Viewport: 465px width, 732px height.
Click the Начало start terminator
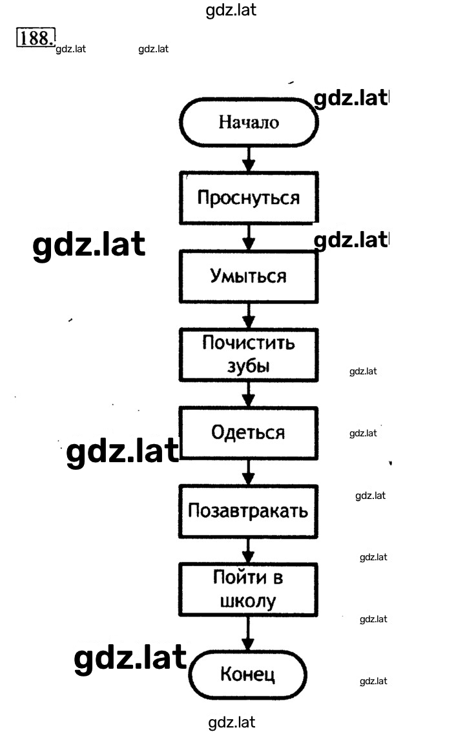tap(249, 122)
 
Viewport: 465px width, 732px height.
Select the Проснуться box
tap(249, 198)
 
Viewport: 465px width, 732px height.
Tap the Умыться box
tap(249, 276)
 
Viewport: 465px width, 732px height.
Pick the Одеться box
tap(249, 432)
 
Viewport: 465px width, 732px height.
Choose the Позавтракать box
tap(249, 511)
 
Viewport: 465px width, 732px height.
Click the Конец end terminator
tap(247, 675)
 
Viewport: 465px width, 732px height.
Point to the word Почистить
tap(249, 343)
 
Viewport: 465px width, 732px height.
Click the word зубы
tap(249, 365)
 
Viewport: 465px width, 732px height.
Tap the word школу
tap(248, 601)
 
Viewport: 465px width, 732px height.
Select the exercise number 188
tap(36, 37)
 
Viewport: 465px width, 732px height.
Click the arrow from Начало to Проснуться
tap(249, 159)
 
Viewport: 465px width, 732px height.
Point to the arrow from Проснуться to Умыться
tap(249, 237)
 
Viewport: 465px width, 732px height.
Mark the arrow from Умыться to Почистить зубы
tap(249, 316)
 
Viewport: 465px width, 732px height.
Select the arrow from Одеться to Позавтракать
tap(249, 472)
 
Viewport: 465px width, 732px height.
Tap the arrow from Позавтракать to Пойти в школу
tap(248, 551)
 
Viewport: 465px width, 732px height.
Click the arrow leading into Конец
tap(248, 633)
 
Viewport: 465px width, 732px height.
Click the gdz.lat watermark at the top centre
tap(231, 10)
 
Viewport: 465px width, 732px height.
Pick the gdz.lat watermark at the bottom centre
tap(232, 722)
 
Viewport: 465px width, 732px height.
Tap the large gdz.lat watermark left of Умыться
tap(89, 245)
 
